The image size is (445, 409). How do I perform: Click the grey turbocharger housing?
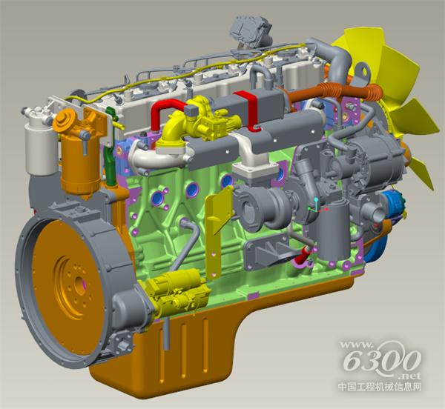click(261, 204)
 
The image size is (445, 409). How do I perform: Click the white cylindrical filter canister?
click(40, 150)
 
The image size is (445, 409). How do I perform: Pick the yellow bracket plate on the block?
click(217, 233)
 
